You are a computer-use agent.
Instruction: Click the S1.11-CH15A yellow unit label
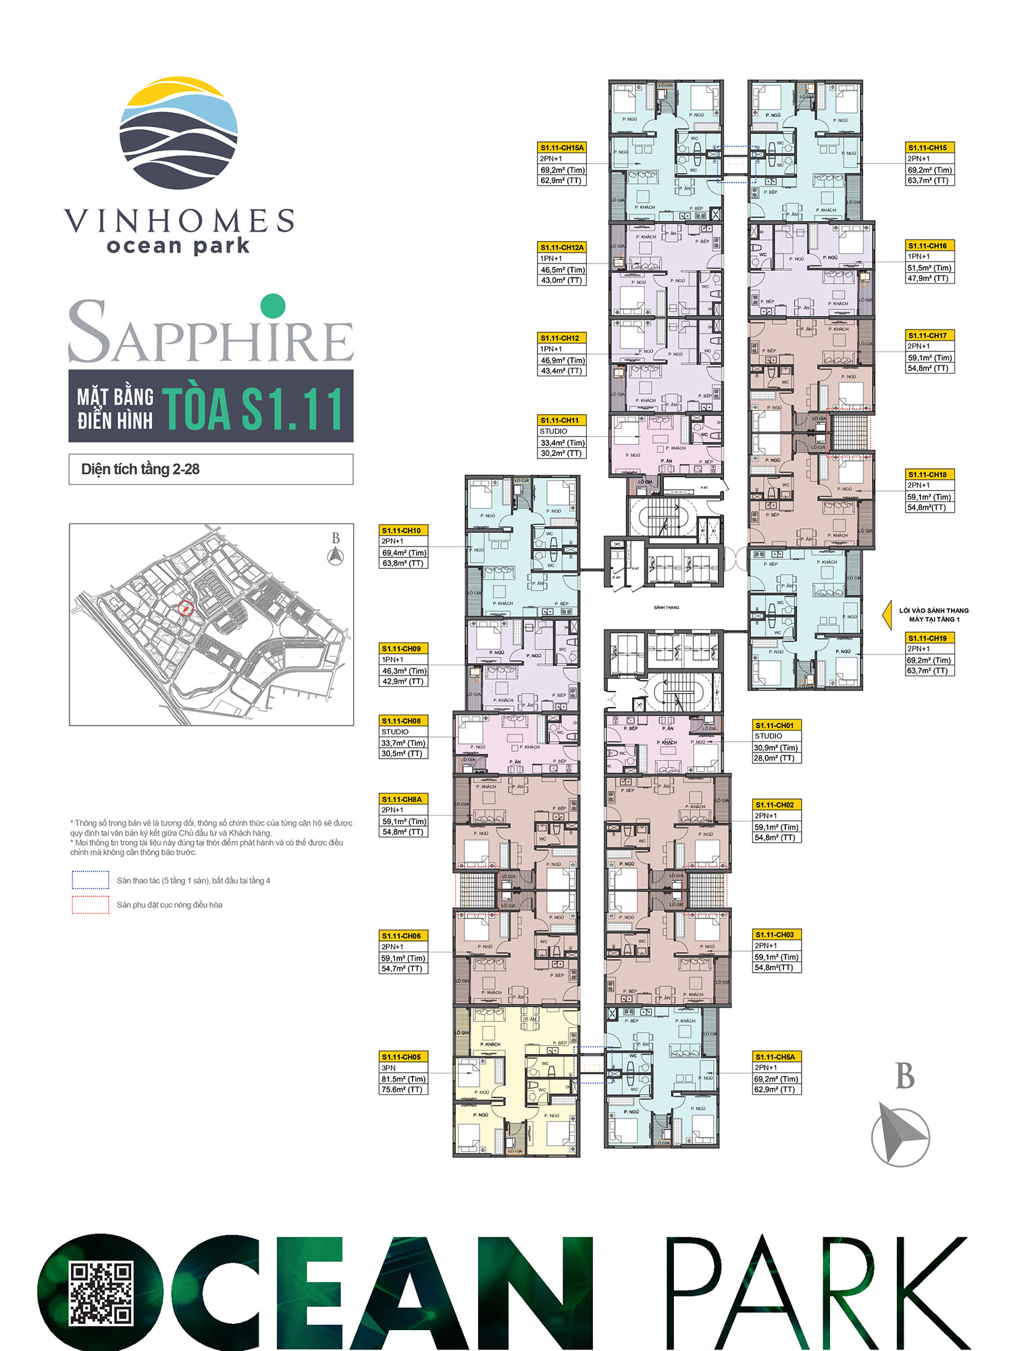[x=562, y=147]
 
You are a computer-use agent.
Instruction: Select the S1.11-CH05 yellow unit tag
[x=402, y=1056]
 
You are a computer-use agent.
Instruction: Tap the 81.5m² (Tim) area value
[x=403, y=1079]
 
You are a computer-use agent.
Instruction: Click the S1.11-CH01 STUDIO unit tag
[x=775, y=725]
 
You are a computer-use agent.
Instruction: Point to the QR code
[x=101, y=1293]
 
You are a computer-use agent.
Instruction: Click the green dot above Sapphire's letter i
[x=272, y=306]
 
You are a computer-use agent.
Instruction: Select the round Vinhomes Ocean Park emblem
[x=179, y=133]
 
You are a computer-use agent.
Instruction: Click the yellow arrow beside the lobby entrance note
[x=887, y=615]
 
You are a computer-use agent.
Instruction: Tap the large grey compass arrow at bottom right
[x=901, y=1136]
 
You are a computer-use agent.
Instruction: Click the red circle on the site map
[x=186, y=608]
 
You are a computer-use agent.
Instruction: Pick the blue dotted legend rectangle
[x=90, y=880]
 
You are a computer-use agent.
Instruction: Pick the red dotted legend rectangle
[x=90, y=904]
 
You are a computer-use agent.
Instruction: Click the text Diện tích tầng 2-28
[x=140, y=469]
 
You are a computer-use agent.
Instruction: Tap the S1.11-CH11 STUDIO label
[x=560, y=419]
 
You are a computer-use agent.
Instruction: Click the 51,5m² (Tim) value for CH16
[x=929, y=267]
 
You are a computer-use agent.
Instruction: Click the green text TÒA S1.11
[x=253, y=408]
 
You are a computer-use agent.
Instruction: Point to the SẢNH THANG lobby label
[x=666, y=607]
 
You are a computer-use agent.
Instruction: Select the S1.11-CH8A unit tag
[x=402, y=798]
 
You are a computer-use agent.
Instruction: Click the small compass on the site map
[x=336, y=555]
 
